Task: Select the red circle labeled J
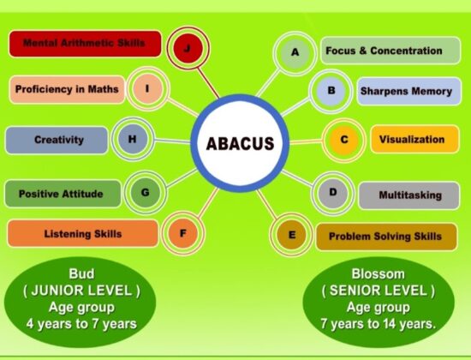[x=187, y=48]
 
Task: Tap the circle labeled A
[x=295, y=53]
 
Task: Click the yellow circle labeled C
[x=343, y=140]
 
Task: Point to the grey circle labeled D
[x=333, y=192]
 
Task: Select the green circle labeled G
[x=145, y=192]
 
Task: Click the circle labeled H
[x=132, y=140]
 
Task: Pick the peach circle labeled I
[x=147, y=87]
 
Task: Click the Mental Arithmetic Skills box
[x=84, y=42]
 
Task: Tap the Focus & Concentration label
[x=390, y=51]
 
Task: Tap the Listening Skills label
[x=82, y=233]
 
